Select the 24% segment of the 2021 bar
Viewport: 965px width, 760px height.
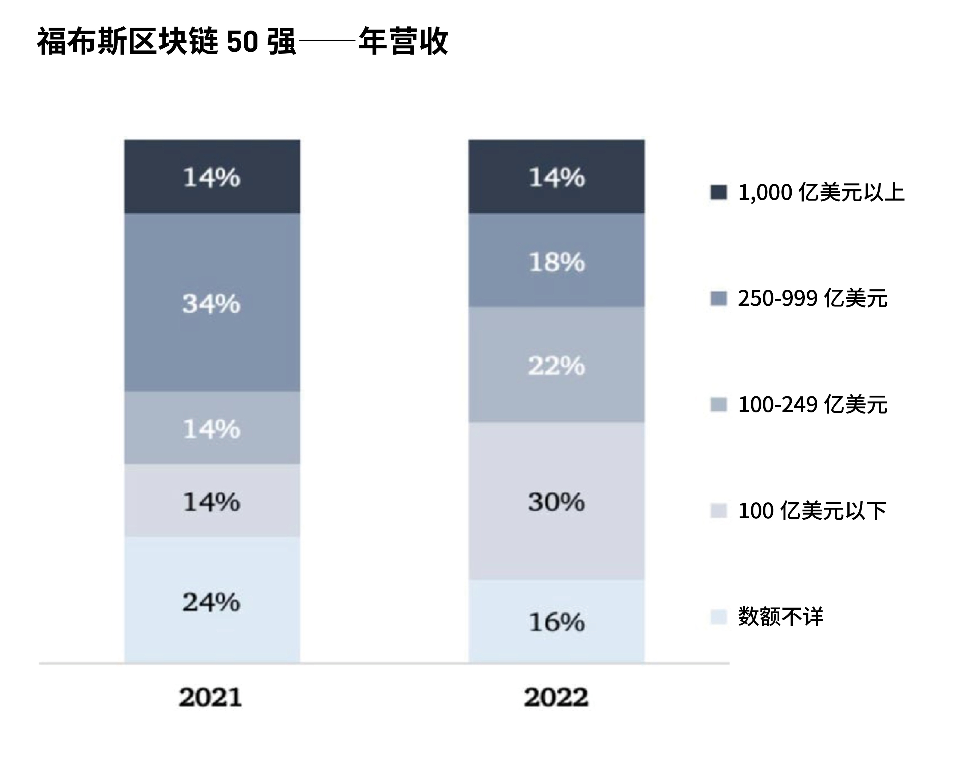click(x=212, y=601)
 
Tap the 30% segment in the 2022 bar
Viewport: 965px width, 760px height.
click(x=556, y=502)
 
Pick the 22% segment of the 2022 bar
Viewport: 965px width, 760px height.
click(x=556, y=365)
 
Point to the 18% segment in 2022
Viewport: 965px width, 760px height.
click(x=556, y=261)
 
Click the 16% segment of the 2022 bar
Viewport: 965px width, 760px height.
click(x=556, y=622)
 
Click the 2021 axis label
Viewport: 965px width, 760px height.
click(x=210, y=697)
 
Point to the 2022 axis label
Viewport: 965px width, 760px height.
click(x=556, y=697)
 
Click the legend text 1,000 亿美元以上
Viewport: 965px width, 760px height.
click(x=821, y=193)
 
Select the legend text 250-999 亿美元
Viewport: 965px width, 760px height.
click(x=812, y=298)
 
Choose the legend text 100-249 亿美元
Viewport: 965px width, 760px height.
click(x=812, y=404)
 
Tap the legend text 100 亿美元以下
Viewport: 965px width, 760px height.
click(x=812, y=510)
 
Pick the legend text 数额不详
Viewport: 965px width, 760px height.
click(x=781, y=617)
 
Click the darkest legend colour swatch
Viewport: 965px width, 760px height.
click(x=718, y=193)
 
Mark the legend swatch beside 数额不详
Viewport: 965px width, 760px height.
click(x=718, y=617)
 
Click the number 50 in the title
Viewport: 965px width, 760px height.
click(x=243, y=42)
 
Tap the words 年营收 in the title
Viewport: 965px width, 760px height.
click(x=403, y=42)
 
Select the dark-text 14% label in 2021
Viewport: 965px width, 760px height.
click(x=212, y=502)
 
